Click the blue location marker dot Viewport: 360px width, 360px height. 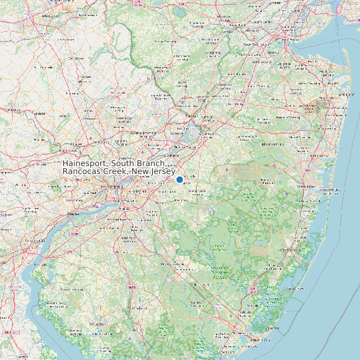[179, 179]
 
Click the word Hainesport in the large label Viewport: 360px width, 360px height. [85, 163]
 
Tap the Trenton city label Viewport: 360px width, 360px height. [191, 117]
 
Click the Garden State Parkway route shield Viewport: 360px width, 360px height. [252, 290]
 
